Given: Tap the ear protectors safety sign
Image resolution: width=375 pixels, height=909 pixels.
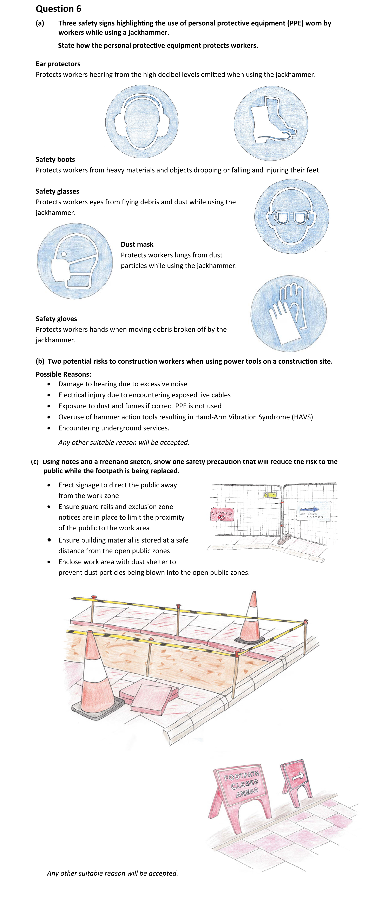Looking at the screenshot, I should tap(142, 122).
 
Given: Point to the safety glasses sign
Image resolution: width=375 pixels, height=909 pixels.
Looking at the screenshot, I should tap(292, 216).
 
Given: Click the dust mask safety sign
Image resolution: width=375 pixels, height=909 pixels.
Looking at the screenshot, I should tap(75, 261).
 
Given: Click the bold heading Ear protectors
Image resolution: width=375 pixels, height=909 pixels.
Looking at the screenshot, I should tap(58, 64).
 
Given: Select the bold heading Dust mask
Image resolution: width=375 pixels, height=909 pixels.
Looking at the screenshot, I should tap(137, 245).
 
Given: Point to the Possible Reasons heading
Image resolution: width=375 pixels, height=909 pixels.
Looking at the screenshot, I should tap(63, 374).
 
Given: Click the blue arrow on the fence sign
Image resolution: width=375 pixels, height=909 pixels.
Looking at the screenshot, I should tap(310, 509).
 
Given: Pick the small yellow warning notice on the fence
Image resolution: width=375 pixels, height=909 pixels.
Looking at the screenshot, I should tap(270, 495).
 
